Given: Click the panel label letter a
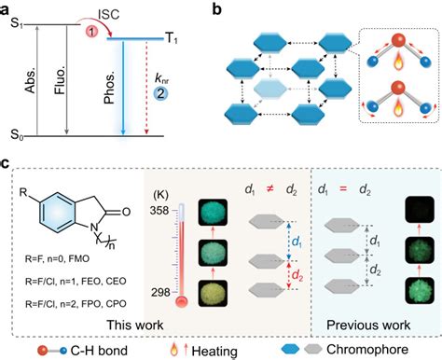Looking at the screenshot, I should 8,7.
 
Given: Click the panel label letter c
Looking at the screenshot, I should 7,164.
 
